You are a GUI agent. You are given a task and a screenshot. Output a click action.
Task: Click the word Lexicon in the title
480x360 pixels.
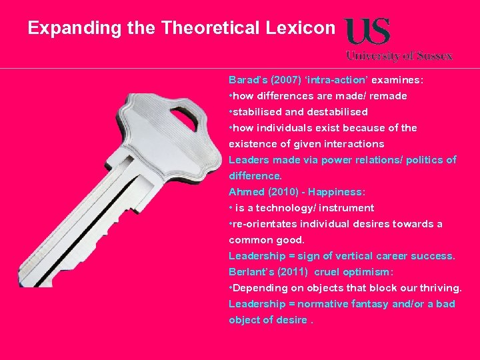click(301, 29)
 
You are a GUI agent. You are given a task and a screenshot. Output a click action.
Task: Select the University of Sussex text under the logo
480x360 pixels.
click(399, 56)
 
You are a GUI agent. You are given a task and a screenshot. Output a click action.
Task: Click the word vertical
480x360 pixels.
click(361, 256)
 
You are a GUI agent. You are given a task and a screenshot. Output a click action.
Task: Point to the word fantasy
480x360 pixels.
click(367, 304)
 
